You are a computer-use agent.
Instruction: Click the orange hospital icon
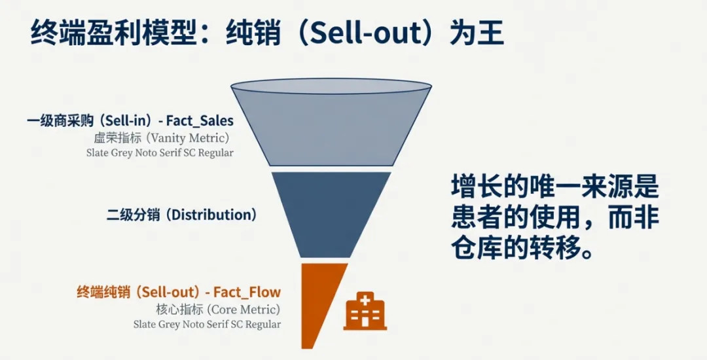(365, 312)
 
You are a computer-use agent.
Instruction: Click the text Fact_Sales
(200, 121)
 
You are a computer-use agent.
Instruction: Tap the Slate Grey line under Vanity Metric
(160, 153)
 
